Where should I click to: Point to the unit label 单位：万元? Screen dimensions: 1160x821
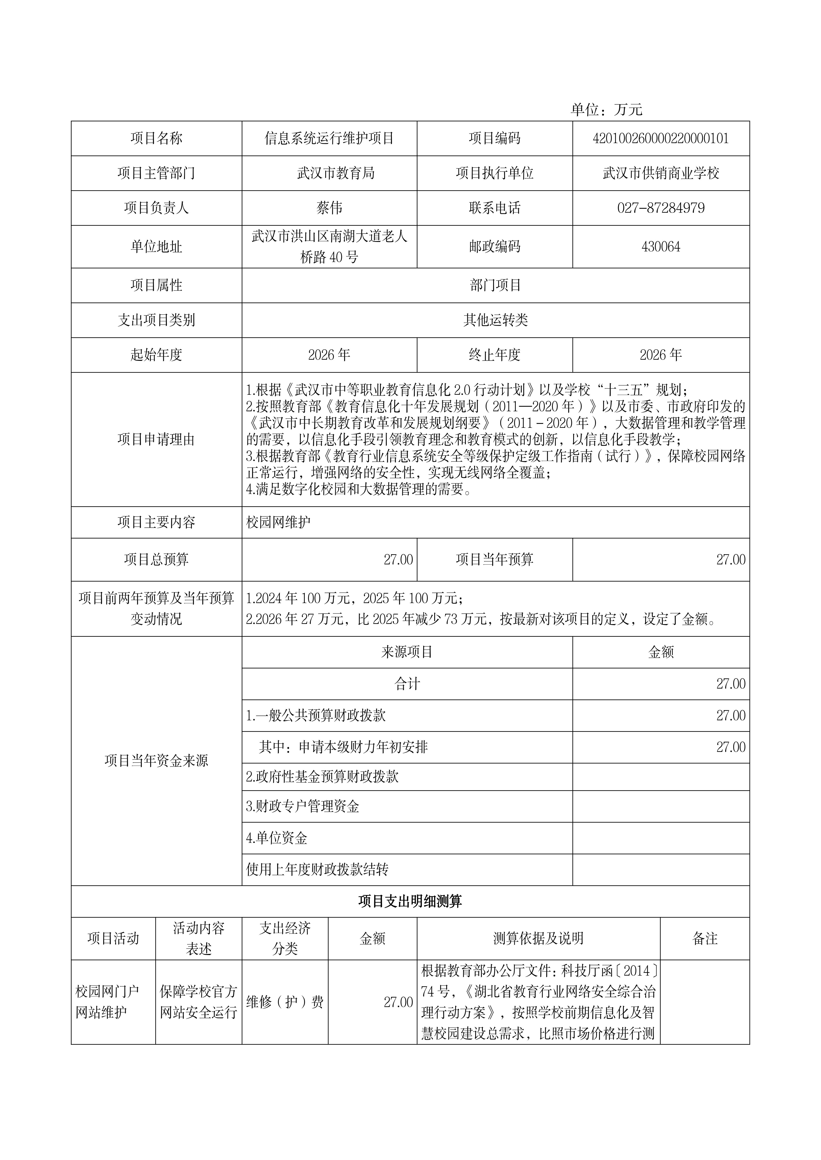[x=606, y=110]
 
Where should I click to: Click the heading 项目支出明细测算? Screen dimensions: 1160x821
[x=410, y=901]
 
